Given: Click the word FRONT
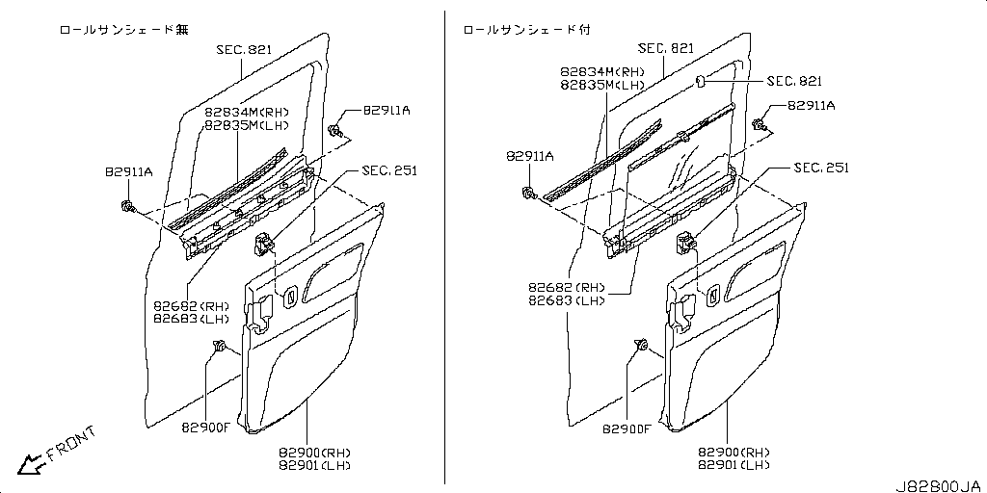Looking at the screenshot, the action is pyautogui.click(x=71, y=443).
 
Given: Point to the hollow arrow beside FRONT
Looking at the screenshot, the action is pyautogui.click(x=30, y=464).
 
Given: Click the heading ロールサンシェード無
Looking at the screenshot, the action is pyautogui.click(x=123, y=30).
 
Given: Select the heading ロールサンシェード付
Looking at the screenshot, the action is pyautogui.click(x=527, y=30).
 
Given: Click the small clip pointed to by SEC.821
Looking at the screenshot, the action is pyautogui.click(x=700, y=81).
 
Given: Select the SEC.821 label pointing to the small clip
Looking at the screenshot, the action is pyautogui.click(x=794, y=81).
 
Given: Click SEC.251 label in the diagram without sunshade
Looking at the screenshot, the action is pyautogui.click(x=389, y=170).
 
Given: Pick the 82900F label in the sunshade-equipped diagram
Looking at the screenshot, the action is pyautogui.click(x=627, y=429).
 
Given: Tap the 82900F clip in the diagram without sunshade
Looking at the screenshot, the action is pyautogui.click(x=221, y=346).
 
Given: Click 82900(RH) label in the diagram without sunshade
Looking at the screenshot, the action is pyautogui.click(x=314, y=453).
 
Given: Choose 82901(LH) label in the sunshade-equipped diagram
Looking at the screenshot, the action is pyautogui.click(x=734, y=465).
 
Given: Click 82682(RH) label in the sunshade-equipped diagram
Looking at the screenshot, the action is pyautogui.click(x=568, y=288).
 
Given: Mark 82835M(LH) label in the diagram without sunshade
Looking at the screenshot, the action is pyautogui.click(x=246, y=125).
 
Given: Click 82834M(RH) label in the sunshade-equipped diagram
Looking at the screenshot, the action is pyautogui.click(x=602, y=72).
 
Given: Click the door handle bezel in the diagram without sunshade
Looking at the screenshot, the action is pyautogui.click(x=291, y=297).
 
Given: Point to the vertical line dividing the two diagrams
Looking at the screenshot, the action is pyautogui.click(x=444, y=247).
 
